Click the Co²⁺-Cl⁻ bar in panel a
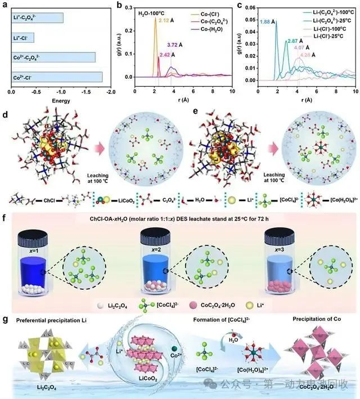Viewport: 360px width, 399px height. (56, 77)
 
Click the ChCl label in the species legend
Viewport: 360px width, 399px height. (52, 199)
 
